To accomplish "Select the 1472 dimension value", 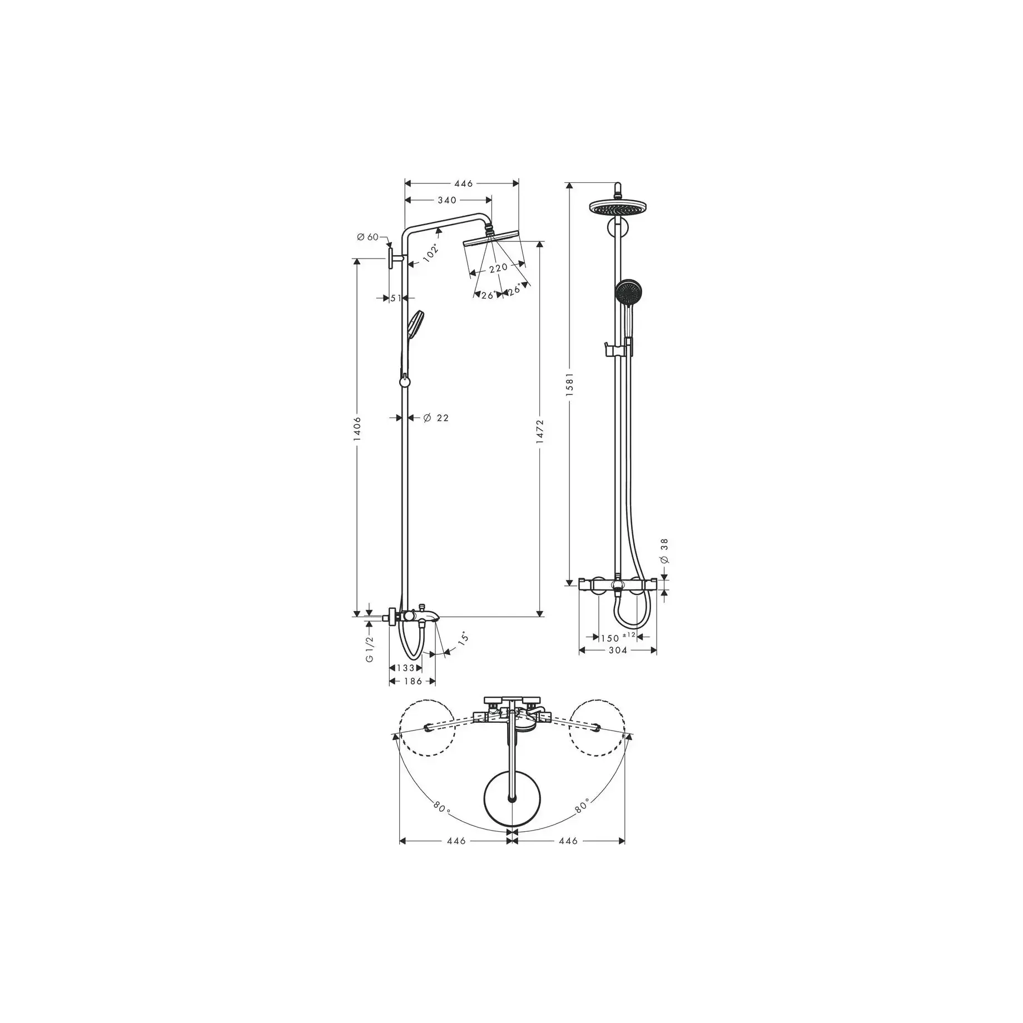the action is coord(540,431).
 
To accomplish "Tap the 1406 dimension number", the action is coord(357,429).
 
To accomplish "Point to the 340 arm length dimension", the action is coord(447,200).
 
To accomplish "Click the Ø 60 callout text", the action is coord(368,237).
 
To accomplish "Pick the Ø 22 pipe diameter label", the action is coord(436,418).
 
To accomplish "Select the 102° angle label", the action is coord(431,253).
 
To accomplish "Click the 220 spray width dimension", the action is coord(498,268).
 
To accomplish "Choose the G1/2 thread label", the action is coord(370,649).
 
